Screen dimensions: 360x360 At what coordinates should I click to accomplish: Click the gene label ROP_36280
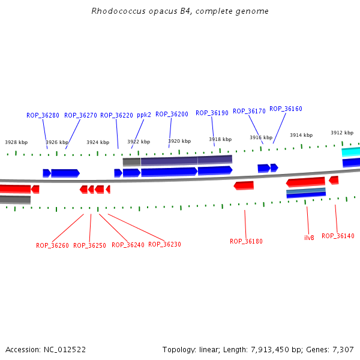[43, 115]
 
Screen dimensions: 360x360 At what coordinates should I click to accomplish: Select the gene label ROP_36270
[80, 115]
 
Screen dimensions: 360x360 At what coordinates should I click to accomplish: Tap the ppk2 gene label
[144, 115]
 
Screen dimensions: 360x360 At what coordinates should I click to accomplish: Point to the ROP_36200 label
[172, 114]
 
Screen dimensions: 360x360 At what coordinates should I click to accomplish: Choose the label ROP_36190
[212, 113]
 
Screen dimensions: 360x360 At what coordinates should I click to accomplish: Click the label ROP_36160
[286, 109]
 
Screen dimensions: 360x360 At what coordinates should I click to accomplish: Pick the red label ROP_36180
[246, 241]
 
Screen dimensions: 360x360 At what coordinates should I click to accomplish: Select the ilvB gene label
[309, 238]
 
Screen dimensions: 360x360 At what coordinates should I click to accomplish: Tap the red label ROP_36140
[338, 236]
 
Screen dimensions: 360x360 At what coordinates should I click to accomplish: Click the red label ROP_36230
[164, 244]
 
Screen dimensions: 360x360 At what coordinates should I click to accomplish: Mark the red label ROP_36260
[52, 245]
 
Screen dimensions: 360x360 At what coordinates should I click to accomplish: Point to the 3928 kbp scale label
[16, 143]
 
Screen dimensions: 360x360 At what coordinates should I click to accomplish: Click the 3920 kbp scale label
[179, 141]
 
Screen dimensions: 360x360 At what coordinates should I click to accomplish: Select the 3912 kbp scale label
[342, 133]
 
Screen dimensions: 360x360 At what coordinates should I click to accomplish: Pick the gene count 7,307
[342, 349]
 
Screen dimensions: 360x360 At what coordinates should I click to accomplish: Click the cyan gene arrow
[351, 152]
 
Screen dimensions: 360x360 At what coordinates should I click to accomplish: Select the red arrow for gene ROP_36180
[244, 185]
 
